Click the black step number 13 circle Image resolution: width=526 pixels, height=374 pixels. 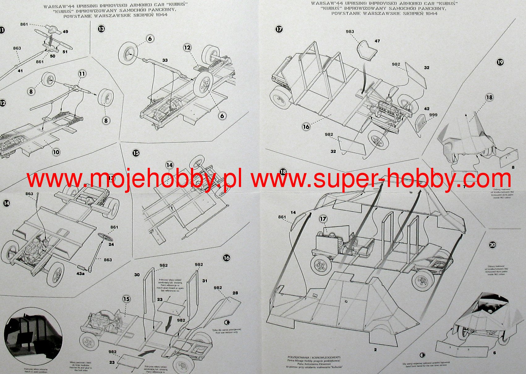click(x=101, y=29)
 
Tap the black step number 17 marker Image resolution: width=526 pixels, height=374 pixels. click(x=279, y=29)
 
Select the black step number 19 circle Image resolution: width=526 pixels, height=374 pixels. click(x=500, y=62)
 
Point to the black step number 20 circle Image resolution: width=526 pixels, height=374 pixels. click(x=492, y=245)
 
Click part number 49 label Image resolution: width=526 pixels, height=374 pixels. click(x=65, y=32)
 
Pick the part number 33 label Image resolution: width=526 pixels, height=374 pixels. click(x=165, y=60)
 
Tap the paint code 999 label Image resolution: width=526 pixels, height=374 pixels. click(x=433, y=115)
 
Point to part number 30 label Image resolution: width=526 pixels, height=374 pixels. click(x=137, y=274)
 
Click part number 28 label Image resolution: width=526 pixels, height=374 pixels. click(x=235, y=293)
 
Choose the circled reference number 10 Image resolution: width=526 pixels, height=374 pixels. click(x=56, y=152)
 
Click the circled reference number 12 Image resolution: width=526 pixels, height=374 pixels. click(x=187, y=48)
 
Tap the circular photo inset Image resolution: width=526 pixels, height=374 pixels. click(x=33, y=336)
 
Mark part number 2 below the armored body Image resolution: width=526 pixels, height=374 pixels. click(x=375, y=350)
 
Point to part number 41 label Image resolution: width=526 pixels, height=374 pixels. click(x=20, y=71)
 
